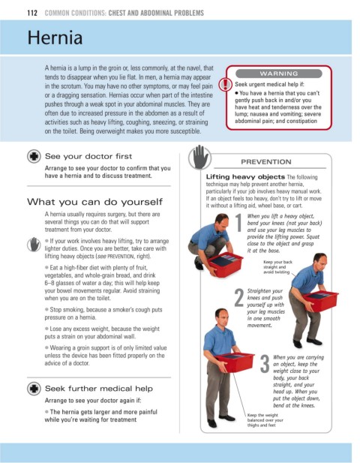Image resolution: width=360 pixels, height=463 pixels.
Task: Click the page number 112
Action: (32, 13)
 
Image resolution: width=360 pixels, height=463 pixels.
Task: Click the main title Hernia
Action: (55, 38)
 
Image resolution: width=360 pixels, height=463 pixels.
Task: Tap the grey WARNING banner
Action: (279, 74)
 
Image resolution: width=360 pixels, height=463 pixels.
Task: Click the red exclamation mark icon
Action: (225, 85)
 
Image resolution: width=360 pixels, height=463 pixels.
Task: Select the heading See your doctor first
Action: (88, 156)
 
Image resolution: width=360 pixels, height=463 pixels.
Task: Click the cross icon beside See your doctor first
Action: (34, 156)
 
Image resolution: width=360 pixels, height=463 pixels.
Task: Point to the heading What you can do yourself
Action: (94, 202)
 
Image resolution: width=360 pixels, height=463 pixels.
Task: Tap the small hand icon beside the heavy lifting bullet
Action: (34, 245)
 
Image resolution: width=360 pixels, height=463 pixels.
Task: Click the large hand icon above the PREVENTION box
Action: (199, 157)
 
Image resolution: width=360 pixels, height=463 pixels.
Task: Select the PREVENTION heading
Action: (266, 162)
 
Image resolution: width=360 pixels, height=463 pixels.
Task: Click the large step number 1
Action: (239, 223)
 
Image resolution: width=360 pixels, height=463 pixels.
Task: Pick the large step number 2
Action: (239, 297)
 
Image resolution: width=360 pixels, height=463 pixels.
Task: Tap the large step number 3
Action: (265, 363)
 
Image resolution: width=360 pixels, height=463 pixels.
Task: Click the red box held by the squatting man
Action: (225, 265)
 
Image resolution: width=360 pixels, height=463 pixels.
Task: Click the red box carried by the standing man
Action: (235, 362)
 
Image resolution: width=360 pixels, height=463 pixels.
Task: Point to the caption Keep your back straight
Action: (277, 267)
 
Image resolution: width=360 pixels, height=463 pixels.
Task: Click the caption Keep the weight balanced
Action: (265, 420)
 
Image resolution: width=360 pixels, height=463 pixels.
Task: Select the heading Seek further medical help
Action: (99, 388)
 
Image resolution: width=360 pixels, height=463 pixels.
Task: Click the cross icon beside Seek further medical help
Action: (34, 388)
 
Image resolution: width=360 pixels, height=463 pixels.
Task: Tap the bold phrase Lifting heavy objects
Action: (245, 176)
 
